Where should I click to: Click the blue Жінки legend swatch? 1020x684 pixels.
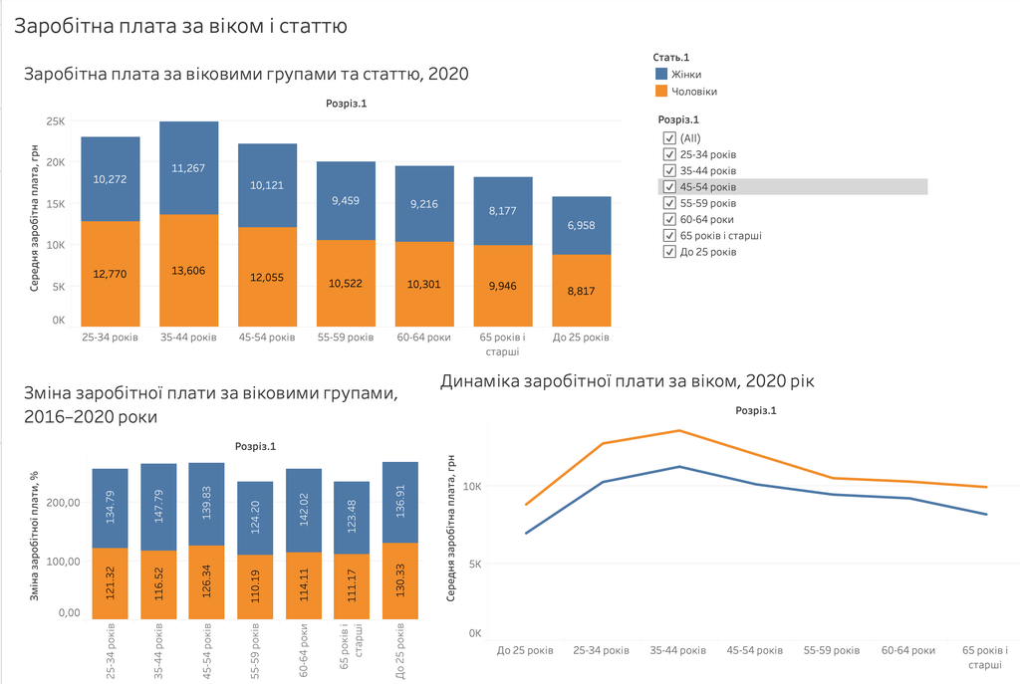click(x=661, y=74)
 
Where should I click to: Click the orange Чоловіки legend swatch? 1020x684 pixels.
click(x=661, y=91)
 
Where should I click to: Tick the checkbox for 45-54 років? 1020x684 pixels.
click(x=669, y=186)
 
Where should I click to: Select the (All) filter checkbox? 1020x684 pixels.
click(x=669, y=137)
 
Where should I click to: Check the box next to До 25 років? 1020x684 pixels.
click(x=669, y=252)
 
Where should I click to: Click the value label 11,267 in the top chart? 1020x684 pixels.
click(x=188, y=168)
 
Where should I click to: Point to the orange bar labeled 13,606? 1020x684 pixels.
click(x=188, y=271)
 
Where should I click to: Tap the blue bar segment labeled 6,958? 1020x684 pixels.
click(x=582, y=226)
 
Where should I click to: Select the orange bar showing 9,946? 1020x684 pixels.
click(x=503, y=286)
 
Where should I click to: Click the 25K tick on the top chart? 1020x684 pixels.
click(x=56, y=120)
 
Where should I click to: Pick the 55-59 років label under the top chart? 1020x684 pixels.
click(x=346, y=338)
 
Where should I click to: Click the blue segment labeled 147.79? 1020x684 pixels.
click(x=158, y=507)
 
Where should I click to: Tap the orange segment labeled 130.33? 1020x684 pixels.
click(x=400, y=580)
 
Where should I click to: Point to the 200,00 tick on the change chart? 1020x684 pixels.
click(x=65, y=503)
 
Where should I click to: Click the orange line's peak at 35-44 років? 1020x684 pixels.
click(x=679, y=430)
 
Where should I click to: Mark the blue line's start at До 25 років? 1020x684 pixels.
click(x=526, y=533)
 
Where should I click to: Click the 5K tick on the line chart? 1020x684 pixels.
click(x=475, y=564)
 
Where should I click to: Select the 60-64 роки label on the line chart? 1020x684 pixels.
click(x=908, y=650)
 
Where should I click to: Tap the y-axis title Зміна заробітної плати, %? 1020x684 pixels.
click(x=35, y=535)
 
